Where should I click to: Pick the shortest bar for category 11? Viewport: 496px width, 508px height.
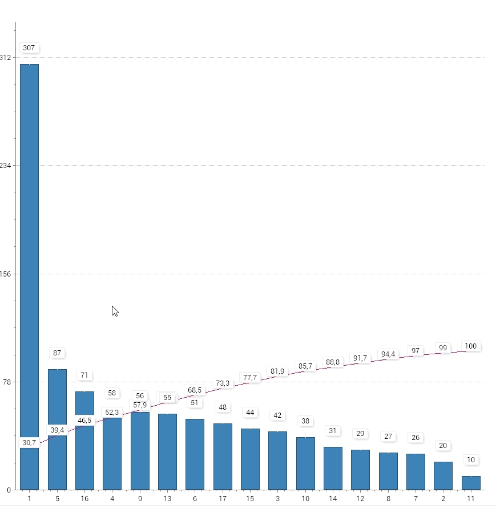point(471,483)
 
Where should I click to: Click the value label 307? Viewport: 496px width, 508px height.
point(29,48)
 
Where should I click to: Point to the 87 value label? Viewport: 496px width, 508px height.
point(57,353)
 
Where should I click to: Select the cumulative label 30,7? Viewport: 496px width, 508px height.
point(29,443)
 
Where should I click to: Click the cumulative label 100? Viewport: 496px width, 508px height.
point(471,346)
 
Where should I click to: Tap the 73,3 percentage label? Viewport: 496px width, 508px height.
point(223,383)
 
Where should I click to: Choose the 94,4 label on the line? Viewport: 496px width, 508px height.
point(388,354)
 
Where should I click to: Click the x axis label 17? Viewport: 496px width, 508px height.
point(223,499)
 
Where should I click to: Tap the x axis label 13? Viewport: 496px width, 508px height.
point(167,499)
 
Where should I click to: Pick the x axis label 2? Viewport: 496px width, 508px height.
point(443,499)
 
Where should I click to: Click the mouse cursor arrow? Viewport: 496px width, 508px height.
point(114,310)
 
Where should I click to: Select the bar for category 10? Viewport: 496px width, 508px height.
point(305,463)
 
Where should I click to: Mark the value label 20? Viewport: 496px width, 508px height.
point(443,446)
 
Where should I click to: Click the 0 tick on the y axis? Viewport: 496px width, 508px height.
point(9,490)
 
